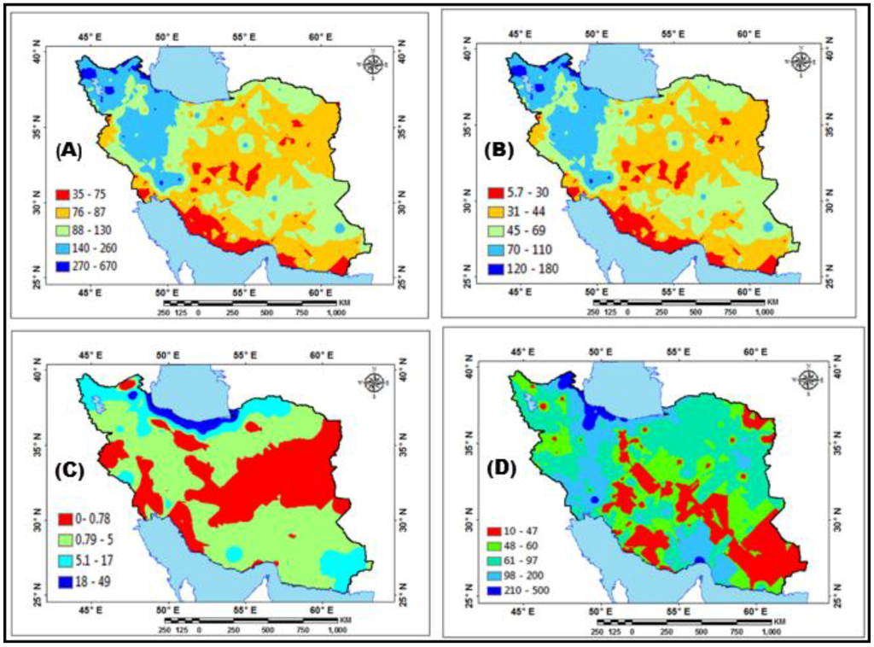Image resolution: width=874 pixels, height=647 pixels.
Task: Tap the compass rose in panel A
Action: click(373, 64)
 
